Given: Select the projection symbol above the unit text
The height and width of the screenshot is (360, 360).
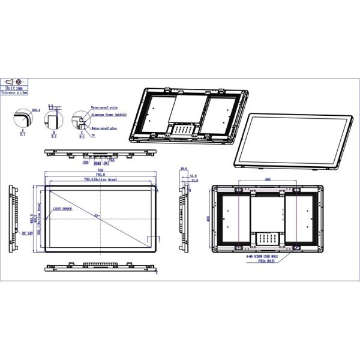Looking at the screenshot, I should coord(14,81).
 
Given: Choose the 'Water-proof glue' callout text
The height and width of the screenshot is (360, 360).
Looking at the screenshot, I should coord(104,127).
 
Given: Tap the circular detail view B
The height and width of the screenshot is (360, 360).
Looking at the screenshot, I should coord(52,119).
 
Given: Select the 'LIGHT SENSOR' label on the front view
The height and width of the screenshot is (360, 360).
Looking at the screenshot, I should coord(62,209).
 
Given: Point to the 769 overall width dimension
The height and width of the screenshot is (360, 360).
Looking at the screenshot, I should coord(100,170).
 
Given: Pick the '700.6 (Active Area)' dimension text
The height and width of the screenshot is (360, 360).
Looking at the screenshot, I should coord(100,179).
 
